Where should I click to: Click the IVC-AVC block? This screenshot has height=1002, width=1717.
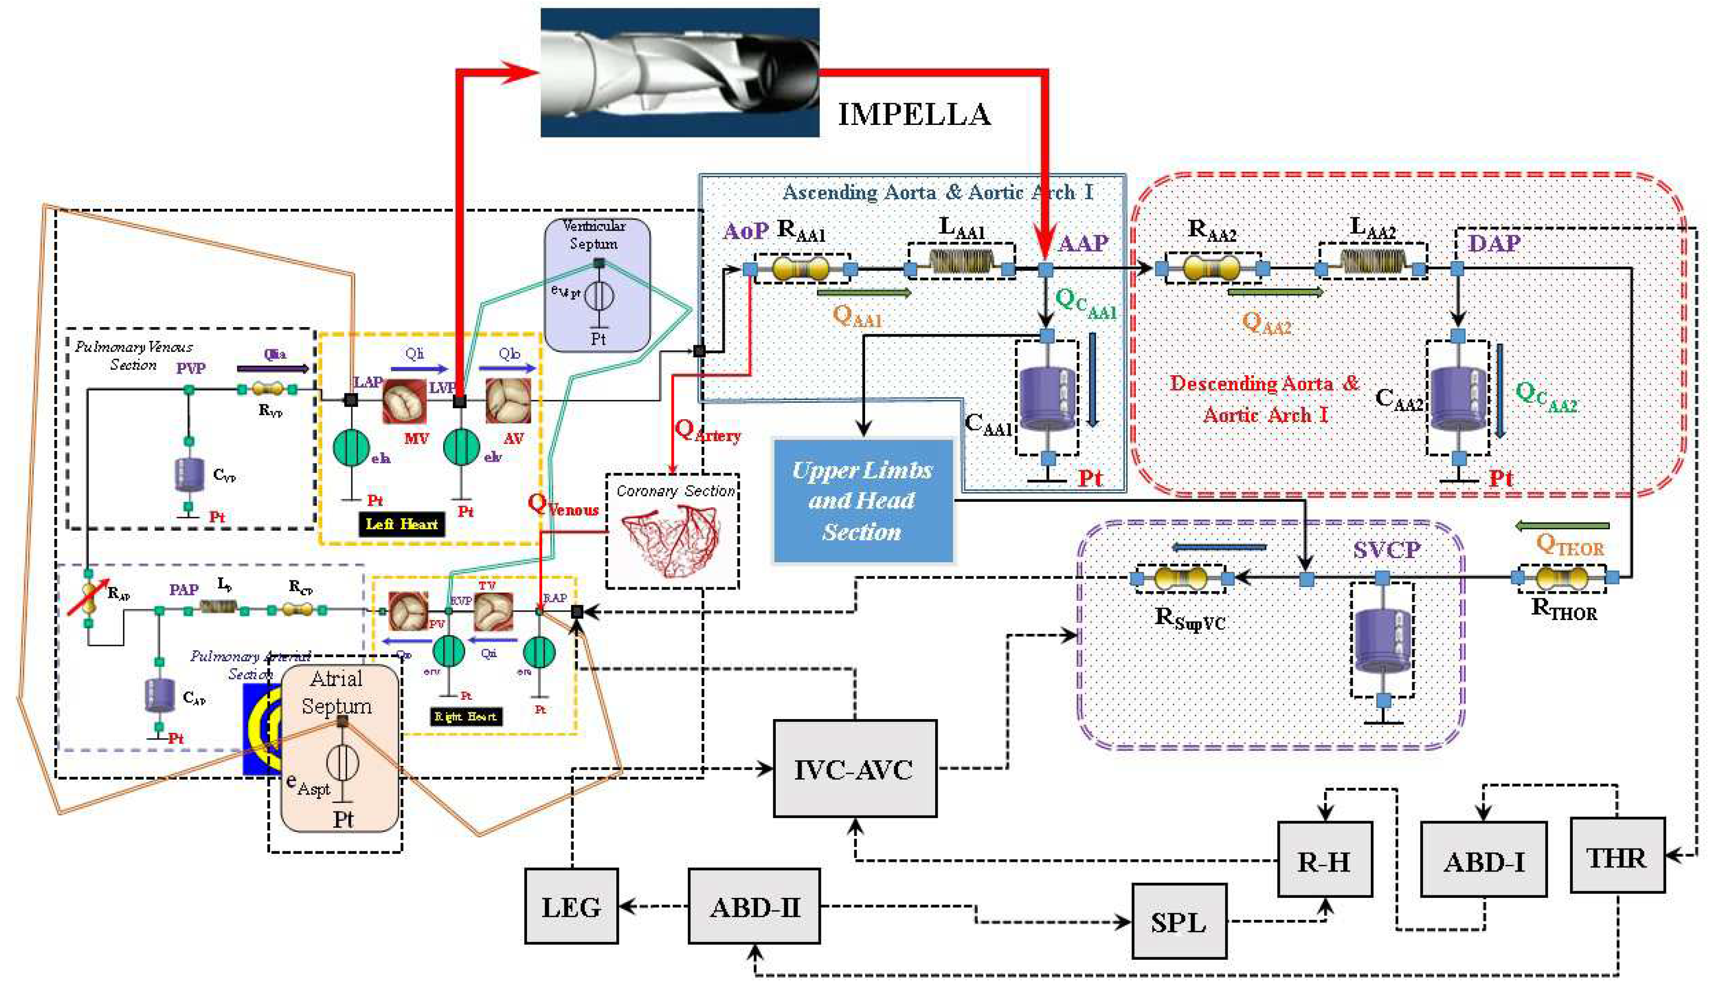(854, 769)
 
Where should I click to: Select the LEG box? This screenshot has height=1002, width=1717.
(571, 906)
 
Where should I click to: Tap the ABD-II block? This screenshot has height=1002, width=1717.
(753, 906)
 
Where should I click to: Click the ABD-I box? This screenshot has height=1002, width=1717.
(1483, 860)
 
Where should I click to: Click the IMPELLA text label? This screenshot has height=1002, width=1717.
(914, 114)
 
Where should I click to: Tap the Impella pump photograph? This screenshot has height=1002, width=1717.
(679, 72)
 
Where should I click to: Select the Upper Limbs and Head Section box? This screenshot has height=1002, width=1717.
(863, 501)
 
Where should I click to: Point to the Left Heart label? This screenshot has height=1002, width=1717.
(401, 524)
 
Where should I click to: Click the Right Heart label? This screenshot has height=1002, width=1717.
(466, 717)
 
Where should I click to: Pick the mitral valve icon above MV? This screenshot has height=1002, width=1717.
(404, 402)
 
